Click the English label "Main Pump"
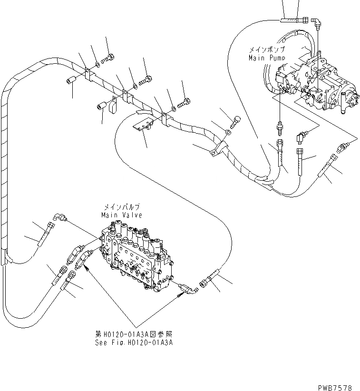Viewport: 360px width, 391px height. coord(267,58)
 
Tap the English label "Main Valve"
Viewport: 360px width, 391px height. coord(121,215)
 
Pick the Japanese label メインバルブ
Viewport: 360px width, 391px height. coord(121,208)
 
